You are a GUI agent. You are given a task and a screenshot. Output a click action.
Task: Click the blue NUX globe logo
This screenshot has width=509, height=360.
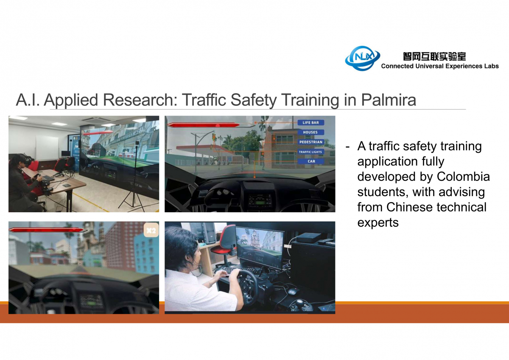tap(362, 58)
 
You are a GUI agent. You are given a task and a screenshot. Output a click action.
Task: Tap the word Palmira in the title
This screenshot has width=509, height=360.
tap(389, 100)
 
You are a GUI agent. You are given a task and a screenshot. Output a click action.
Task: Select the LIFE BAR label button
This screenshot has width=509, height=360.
tap(310, 123)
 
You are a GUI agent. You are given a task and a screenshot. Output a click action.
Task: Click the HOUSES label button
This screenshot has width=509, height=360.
tap(310, 132)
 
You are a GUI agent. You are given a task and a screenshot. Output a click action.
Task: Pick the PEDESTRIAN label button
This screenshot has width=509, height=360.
tap(310, 142)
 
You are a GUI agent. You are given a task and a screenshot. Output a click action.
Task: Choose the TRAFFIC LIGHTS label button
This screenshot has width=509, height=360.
tap(310, 152)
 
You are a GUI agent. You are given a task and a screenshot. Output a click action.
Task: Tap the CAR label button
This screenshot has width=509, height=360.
tap(310, 161)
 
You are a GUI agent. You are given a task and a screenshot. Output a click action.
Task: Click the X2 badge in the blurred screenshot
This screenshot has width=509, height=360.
tap(151, 231)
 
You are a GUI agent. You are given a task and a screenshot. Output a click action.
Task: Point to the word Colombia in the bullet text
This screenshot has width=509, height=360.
tap(463, 177)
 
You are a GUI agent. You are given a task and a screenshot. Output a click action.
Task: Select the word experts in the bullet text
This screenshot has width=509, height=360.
tap(378, 222)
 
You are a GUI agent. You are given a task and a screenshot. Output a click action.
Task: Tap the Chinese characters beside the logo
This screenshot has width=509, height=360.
tap(434, 56)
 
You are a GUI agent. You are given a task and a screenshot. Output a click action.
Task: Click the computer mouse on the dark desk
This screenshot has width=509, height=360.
tap(294, 291)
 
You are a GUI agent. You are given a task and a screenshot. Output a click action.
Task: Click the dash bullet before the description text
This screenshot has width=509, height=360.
tap(347, 147)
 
